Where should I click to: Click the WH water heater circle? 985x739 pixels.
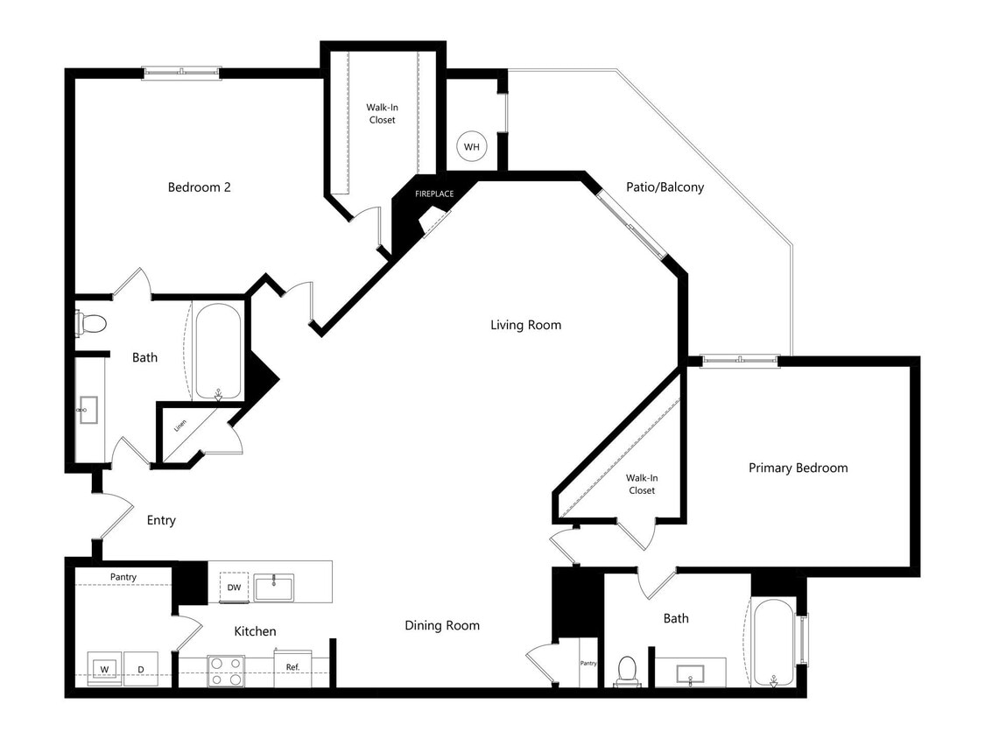coord(472,146)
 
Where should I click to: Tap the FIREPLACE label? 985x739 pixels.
coord(434,194)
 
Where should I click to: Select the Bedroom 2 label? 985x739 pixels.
coord(199,187)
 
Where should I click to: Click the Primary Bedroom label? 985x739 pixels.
coord(798,468)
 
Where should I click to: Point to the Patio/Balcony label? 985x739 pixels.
coord(665,187)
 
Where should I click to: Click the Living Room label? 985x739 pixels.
coord(525,325)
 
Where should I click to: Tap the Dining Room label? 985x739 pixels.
coord(442,625)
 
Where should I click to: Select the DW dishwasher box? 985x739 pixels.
coord(234,588)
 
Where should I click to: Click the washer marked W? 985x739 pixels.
coord(104,669)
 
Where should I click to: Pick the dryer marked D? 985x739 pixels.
coord(140,669)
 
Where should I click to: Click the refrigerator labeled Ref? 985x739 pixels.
coord(292,668)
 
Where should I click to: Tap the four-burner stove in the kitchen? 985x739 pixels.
coord(226,671)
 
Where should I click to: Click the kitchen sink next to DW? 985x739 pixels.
coord(274,587)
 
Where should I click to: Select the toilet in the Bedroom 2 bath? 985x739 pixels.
coord(90,323)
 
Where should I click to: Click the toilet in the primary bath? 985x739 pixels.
coord(627,671)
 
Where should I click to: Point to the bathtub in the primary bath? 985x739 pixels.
coord(772,643)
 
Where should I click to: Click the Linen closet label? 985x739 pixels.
coord(180,426)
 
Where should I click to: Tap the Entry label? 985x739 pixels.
coord(161,520)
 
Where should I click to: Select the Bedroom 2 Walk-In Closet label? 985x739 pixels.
coord(382,113)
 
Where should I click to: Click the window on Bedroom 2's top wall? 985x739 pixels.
coord(182,73)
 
